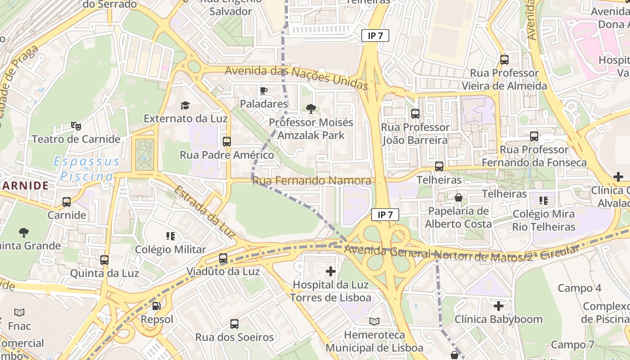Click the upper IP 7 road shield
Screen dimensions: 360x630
(375, 36)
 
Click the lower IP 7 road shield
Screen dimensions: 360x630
(385, 215)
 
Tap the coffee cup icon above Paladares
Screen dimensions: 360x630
(264, 90)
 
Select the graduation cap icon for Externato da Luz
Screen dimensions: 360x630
(185, 105)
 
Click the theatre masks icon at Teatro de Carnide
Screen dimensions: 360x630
(76, 126)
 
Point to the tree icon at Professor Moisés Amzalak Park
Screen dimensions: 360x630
(310, 108)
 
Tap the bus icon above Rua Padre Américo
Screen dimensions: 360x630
(227, 141)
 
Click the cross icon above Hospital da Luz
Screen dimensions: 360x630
(331, 271)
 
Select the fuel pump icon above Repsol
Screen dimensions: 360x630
(157, 306)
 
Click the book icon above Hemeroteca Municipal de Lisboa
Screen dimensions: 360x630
(374, 321)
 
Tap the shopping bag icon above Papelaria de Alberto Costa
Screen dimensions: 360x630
(459, 198)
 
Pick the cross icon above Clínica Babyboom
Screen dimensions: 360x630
(499, 306)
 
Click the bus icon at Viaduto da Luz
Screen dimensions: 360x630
(223, 258)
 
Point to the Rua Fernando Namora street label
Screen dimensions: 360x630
(312, 181)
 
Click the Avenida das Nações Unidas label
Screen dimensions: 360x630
(297, 77)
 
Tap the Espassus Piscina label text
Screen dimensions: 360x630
(86, 169)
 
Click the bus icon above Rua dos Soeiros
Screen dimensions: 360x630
(234, 324)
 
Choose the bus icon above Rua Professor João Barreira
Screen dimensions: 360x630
(415, 114)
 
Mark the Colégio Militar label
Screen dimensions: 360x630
(171, 249)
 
